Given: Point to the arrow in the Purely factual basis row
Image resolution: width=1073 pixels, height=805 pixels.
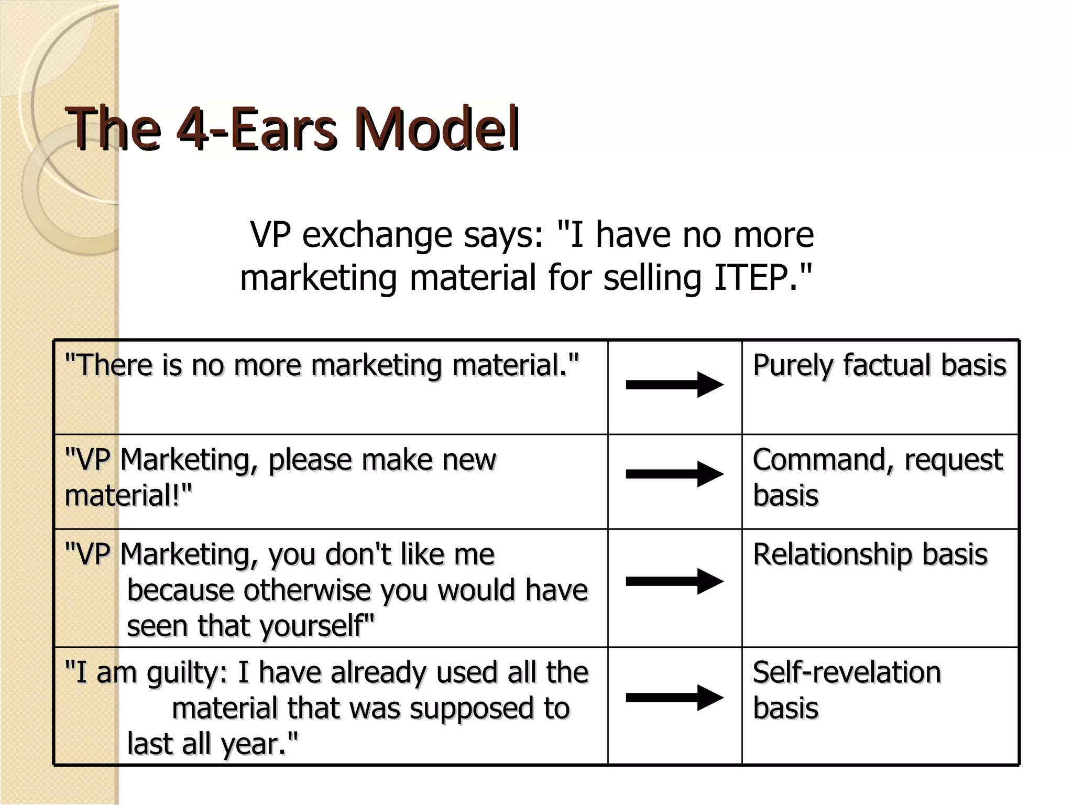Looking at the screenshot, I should (x=675, y=385).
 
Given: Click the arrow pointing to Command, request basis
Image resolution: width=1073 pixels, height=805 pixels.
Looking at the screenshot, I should (x=675, y=474).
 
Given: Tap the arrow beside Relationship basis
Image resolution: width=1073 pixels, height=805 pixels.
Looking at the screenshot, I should (x=675, y=581).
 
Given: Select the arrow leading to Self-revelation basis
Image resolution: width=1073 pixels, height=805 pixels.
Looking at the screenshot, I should (x=675, y=697).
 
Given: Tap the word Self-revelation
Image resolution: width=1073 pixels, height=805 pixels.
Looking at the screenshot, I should (x=847, y=672).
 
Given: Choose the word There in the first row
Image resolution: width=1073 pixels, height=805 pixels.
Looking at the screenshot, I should (x=112, y=365).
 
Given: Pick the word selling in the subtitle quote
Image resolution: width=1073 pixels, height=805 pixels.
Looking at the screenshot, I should (x=652, y=278).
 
